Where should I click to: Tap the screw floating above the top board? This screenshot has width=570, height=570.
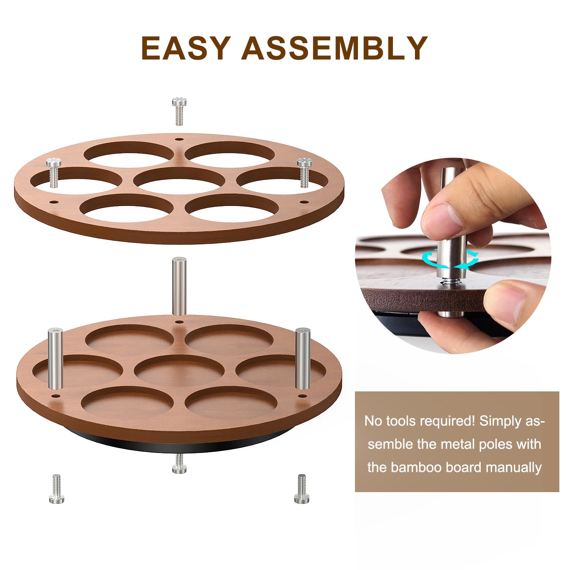pyautogui.click(x=179, y=111)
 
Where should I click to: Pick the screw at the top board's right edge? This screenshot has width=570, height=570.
pyautogui.click(x=304, y=173)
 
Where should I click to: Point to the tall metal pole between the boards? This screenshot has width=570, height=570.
pyautogui.click(x=179, y=286)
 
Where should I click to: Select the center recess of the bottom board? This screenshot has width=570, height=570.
pyautogui.click(x=179, y=370)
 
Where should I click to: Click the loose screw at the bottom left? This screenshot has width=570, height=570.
pyautogui.click(x=57, y=489)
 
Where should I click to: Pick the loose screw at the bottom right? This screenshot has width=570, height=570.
pyautogui.click(x=302, y=489)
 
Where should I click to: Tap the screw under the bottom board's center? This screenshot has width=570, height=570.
pyautogui.click(x=179, y=464)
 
